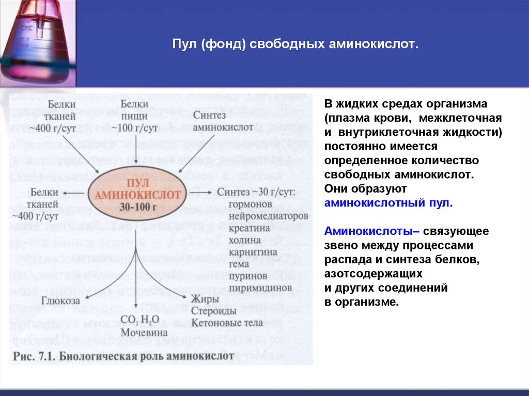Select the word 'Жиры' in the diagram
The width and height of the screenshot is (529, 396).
coord(205,299)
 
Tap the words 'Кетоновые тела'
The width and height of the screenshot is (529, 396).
coord(227,323)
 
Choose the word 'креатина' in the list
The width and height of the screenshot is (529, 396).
coord(243,228)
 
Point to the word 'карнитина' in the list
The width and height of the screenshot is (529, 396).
coord(246,251)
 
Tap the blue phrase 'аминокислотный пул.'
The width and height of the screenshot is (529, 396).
coord(388,203)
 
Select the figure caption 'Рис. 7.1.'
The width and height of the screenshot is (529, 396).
coord(34,356)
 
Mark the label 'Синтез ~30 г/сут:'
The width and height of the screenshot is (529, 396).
coord(255,192)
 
